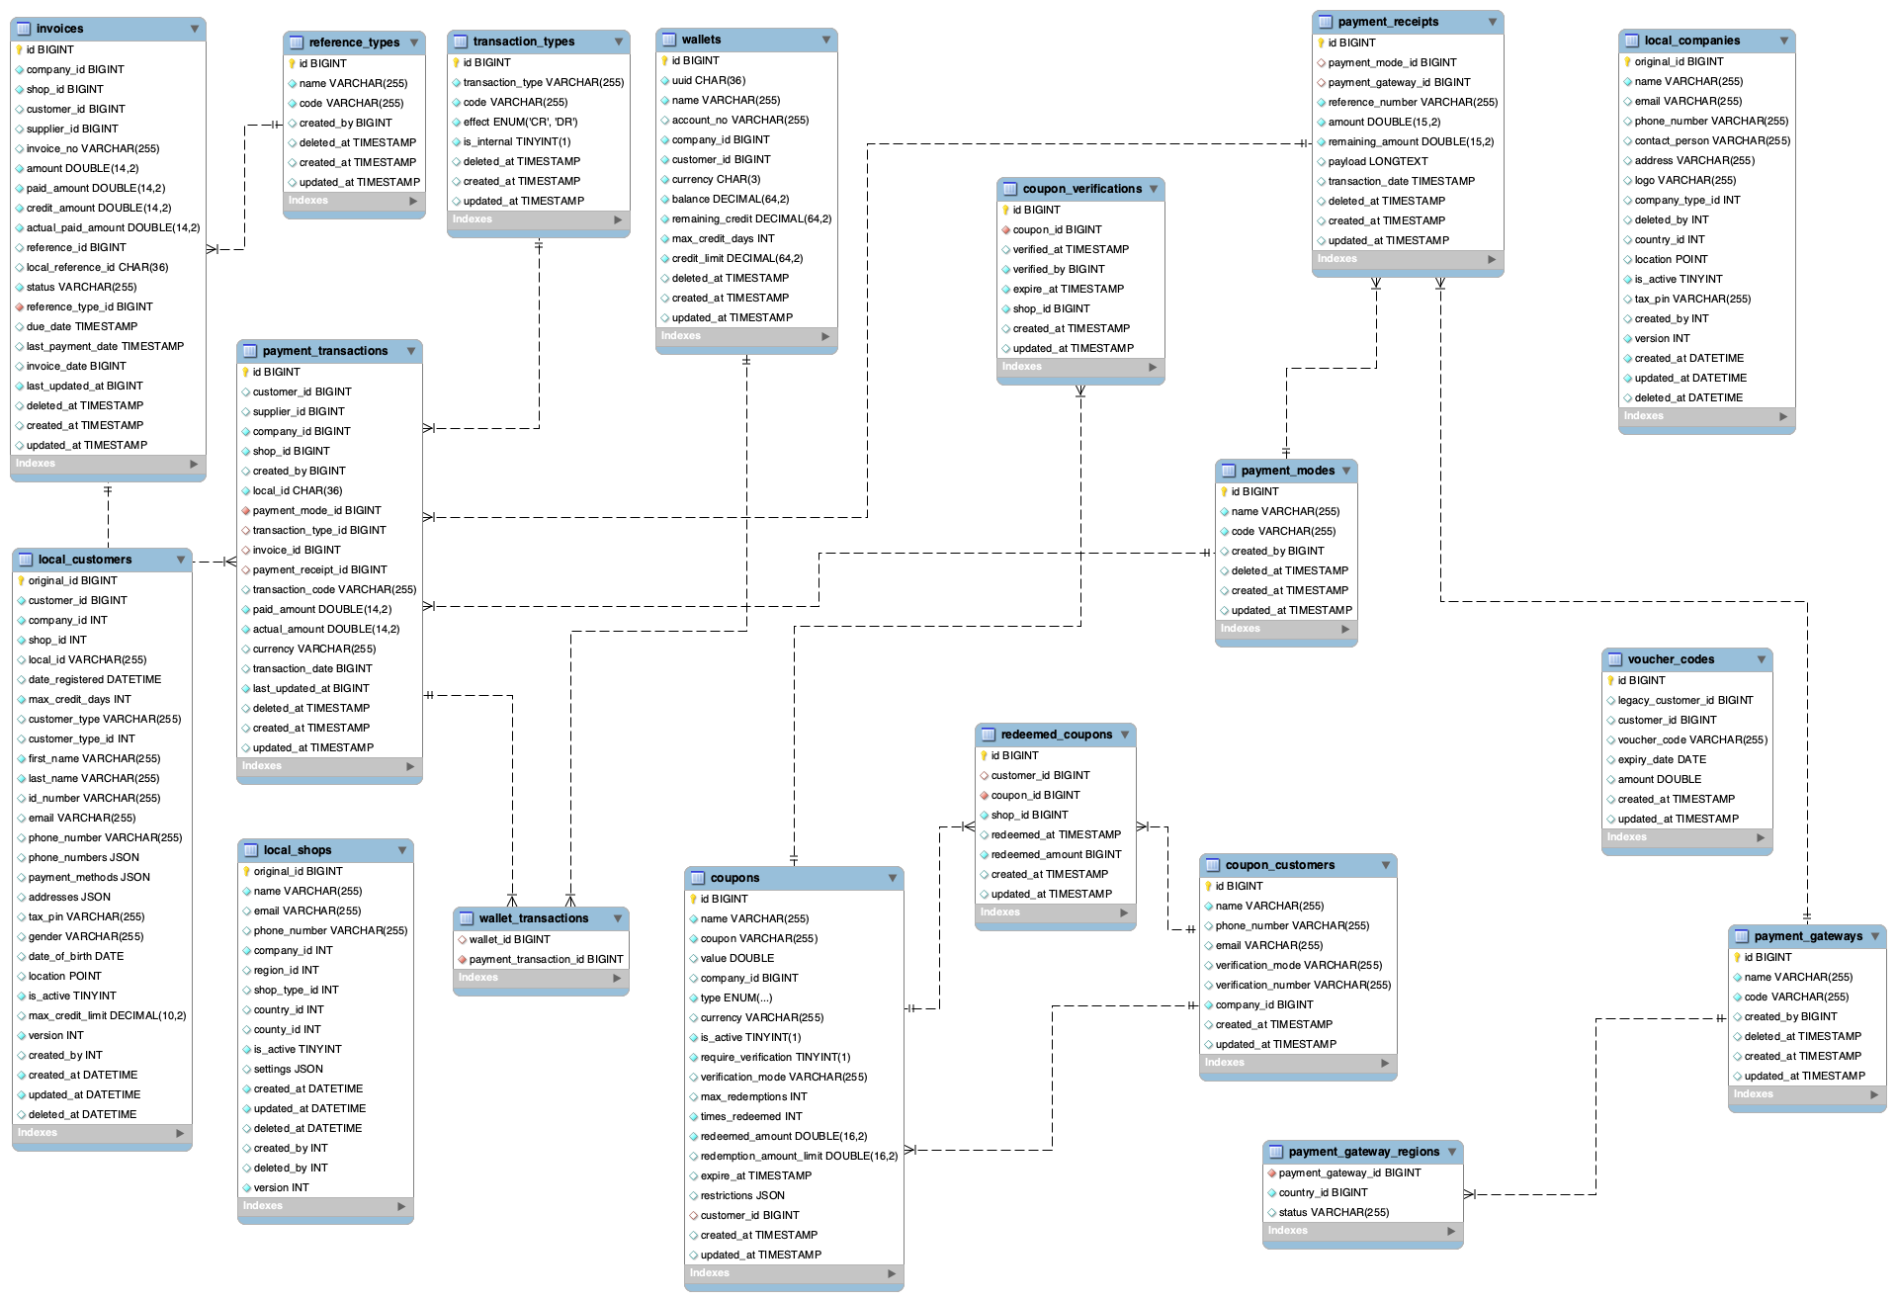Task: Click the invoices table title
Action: click(x=60, y=29)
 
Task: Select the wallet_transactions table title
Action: click(x=533, y=918)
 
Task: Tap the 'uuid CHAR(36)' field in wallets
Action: click(x=709, y=80)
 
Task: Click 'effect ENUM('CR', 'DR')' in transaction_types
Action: click(x=520, y=122)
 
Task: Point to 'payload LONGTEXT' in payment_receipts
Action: click(x=1377, y=161)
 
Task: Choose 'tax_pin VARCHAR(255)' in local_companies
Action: click(x=1691, y=299)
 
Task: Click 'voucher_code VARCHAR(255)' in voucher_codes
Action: click(x=1691, y=739)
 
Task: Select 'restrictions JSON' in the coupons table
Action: click(x=742, y=1195)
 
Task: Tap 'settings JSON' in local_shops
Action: click(x=288, y=1069)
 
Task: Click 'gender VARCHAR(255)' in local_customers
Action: click(x=86, y=936)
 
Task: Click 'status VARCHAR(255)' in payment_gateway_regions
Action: click(x=1334, y=1212)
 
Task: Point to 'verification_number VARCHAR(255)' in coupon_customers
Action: click(x=1302, y=985)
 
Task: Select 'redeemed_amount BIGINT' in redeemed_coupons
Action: click(x=1056, y=854)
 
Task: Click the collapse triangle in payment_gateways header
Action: click(x=1873, y=935)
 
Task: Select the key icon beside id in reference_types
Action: click(x=293, y=63)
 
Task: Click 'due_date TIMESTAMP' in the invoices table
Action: click(x=82, y=326)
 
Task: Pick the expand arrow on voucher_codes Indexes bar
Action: click(x=1761, y=837)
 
